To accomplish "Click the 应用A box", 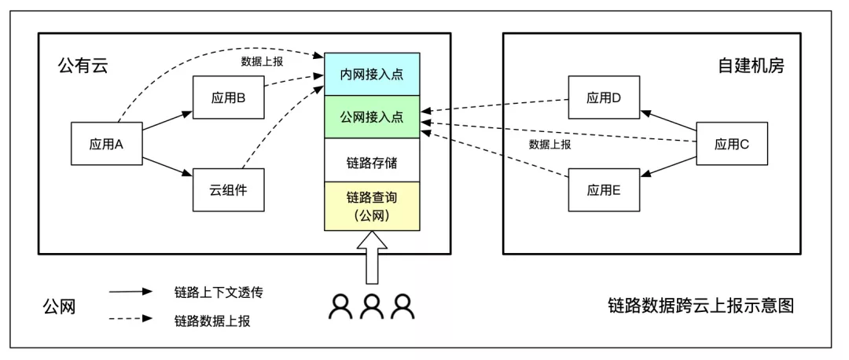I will [x=107, y=144].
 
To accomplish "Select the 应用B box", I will [x=229, y=98].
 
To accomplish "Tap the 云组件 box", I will [x=229, y=189].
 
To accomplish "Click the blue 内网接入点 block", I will [x=372, y=75].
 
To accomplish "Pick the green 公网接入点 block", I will [x=372, y=117].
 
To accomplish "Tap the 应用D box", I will [x=604, y=98].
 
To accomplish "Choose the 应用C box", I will [x=731, y=144].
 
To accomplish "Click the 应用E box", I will [x=604, y=189].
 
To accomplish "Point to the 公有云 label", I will [x=83, y=66].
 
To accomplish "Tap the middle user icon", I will [x=372, y=307].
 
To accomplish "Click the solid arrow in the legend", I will [x=130, y=291].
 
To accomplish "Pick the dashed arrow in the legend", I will [x=130, y=320].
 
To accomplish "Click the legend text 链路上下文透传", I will [x=218, y=292].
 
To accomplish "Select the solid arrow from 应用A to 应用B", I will [x=167, y=122].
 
